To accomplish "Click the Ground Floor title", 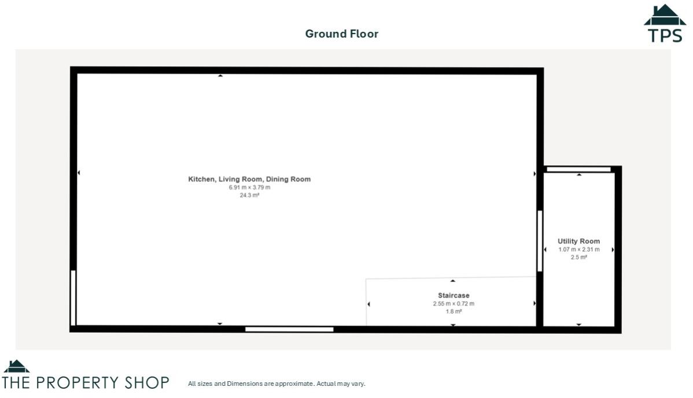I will coord(341,34).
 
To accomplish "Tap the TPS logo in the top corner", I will coord(665,24).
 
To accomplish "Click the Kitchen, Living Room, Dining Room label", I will coord(249,179).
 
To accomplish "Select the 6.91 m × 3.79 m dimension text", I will coord(249,187).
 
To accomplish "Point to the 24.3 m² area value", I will coord(249,195).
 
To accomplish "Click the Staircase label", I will coord(453,295).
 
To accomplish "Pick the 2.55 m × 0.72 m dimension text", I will coord(453,303).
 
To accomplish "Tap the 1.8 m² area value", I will coord(453,311).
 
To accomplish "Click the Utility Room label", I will coord(578,241).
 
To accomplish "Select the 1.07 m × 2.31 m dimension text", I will coord(578,250).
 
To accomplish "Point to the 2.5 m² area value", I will coord(578,258).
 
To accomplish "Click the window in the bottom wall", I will coord(289,329).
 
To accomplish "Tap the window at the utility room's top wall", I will coord(578,169).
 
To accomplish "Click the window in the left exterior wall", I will coord(73,297).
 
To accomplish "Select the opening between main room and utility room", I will coord(540,241).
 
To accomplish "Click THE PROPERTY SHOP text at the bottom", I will coord(86,382).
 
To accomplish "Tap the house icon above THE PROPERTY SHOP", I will coord(16,366).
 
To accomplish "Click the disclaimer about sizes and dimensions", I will coord(277,384).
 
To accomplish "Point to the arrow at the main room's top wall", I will coord(220,76).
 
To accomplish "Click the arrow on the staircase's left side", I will coord(369,304).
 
